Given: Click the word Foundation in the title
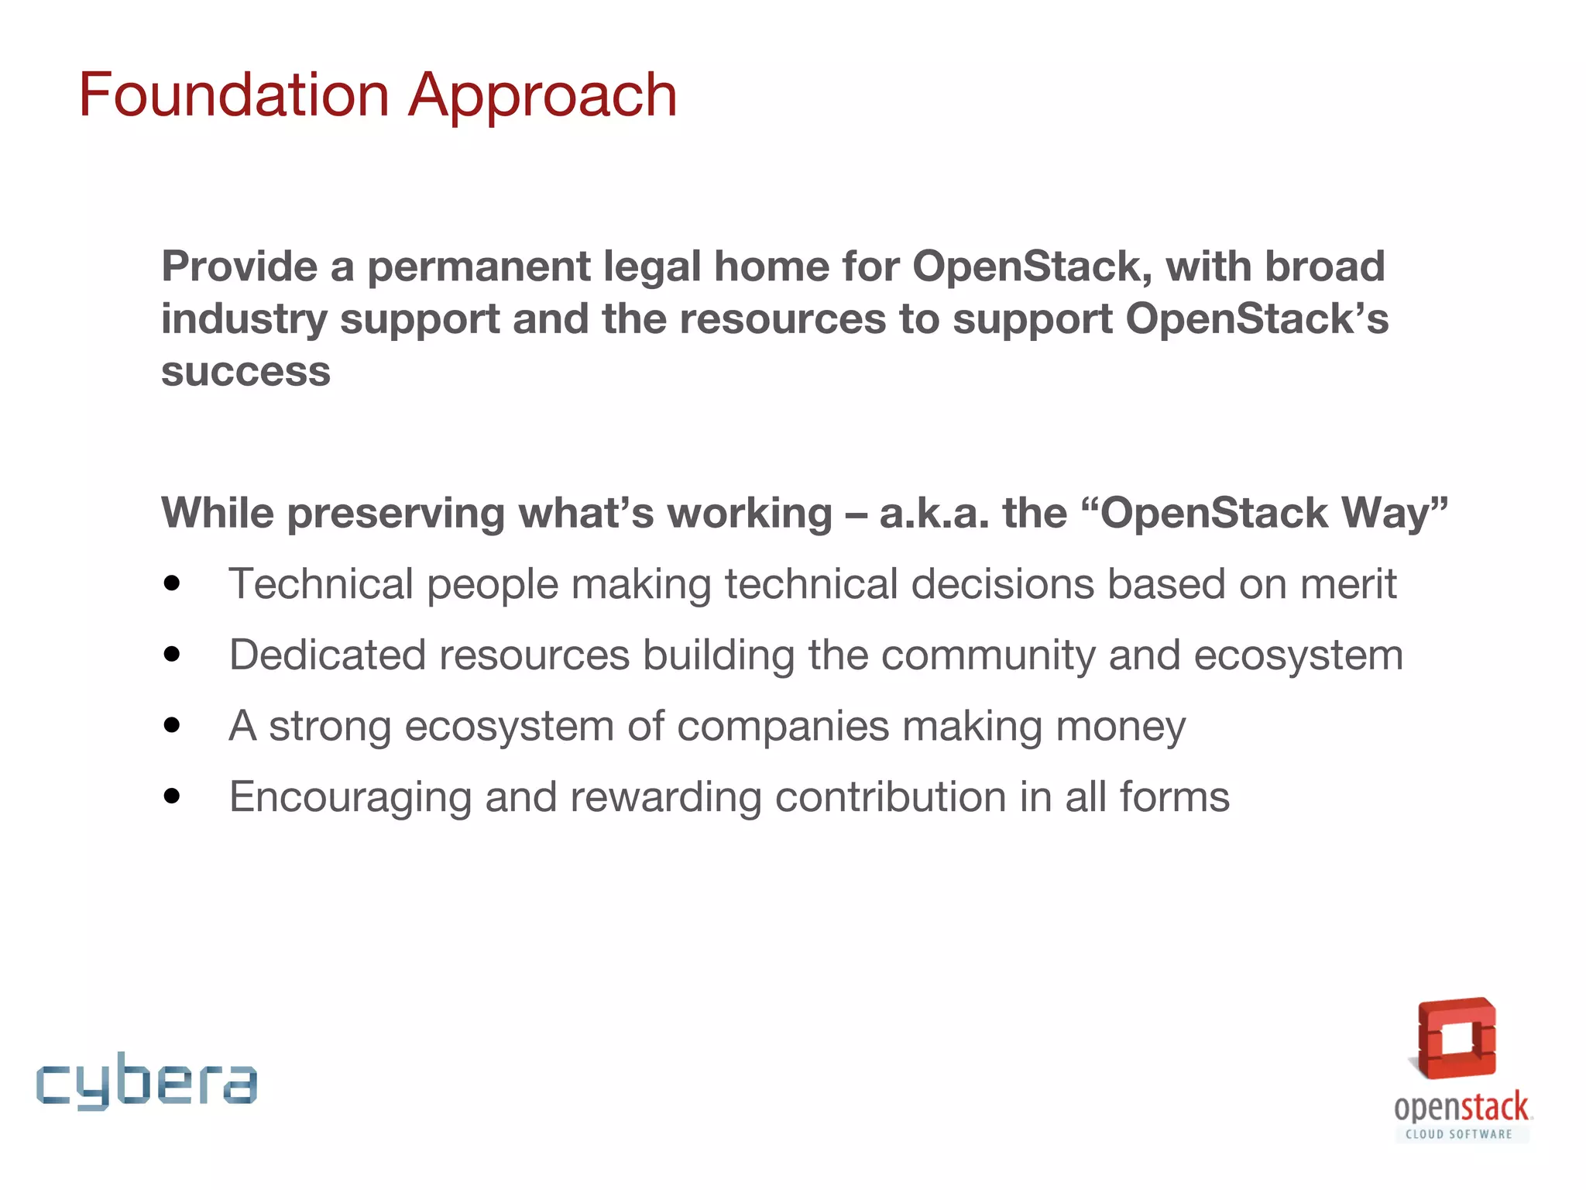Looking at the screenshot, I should point(234,95).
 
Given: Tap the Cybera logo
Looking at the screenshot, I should point(146,1081).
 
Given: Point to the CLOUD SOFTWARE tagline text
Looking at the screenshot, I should point(1459,1134).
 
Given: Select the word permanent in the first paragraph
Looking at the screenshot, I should point(479,267).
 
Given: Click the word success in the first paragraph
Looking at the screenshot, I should point(245,372).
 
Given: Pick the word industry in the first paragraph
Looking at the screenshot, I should point(245,319).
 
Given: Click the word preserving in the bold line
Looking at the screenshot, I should point(396,513).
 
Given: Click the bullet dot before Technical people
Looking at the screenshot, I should point(172,583).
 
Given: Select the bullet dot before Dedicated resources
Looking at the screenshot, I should point(172,655).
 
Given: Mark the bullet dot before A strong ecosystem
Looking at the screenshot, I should point(172,726).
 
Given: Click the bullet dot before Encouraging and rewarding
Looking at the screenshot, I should point(172,796).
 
